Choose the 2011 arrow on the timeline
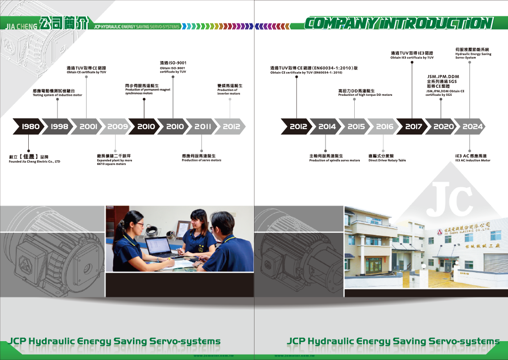point(202,127)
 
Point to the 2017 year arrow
point(413,127)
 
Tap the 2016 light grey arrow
point(384,127)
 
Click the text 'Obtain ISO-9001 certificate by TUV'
point(173,70)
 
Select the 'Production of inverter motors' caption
point(229,92)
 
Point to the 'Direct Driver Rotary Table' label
point(387,160)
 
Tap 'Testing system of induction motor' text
point(58,95)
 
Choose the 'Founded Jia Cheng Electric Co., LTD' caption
point(34,161)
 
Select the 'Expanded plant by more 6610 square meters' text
point(115,162)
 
